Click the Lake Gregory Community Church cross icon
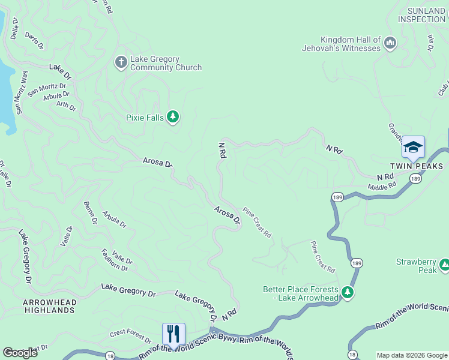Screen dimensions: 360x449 click(x=120, y=62)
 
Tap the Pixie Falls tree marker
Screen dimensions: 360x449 click(x=173, y=116)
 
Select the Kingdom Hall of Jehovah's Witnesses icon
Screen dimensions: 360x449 click(x=390, y=43)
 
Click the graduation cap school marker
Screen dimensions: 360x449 click(x=413, y=147)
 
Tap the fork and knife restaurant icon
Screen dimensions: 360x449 click(x=173, y=334)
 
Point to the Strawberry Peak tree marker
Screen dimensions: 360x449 click(x=445, y=265)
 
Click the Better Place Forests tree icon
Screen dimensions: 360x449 click(x=347, y=292)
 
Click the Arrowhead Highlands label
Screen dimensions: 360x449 click(x=49, y=305)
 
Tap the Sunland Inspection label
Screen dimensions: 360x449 click(x=426, y=15)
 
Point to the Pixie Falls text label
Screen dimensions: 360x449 click(x=144, y=118)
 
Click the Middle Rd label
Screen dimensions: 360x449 click(x=382, y=186)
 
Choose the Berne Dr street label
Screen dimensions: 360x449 click(x=91, y=212)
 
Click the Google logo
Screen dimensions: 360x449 click(x=20, y=352)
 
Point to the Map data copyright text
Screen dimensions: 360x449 click(x=412, y=355)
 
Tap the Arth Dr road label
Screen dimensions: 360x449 click(x=66, y=106)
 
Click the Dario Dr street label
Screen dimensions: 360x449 click(x=34, y=41)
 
